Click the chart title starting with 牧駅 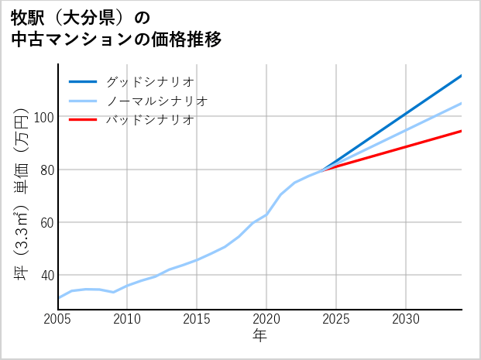pyautogui.click(x=116, y=29)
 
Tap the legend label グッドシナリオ pyautogui.click(x=149, y=81)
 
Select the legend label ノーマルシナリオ pyautogui.click(x=156, y=101)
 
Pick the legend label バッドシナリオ pyautogui.click(x=149, y=120)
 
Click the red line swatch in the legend pyautogui.click(x=83, y=120)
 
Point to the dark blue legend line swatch pyautogui.click(x=83, y=81)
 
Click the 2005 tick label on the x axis pyautogui.click(x=57, y=319)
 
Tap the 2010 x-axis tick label pyautogui.click(x=127, y=319)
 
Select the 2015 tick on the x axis pyautogui.click(x=197, y=319)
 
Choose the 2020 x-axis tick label pyautogui.click(x=266, y=319)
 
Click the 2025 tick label pyautogui.click(x=336, y=319)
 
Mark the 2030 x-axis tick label pyautogui.click(x=406, y=319)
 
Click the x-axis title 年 pyautogui.click(x=260, y=336)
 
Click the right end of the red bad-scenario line pyautogui.click(x=461, y=131)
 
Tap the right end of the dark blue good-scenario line pyautogui.click(x=461, y=76)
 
